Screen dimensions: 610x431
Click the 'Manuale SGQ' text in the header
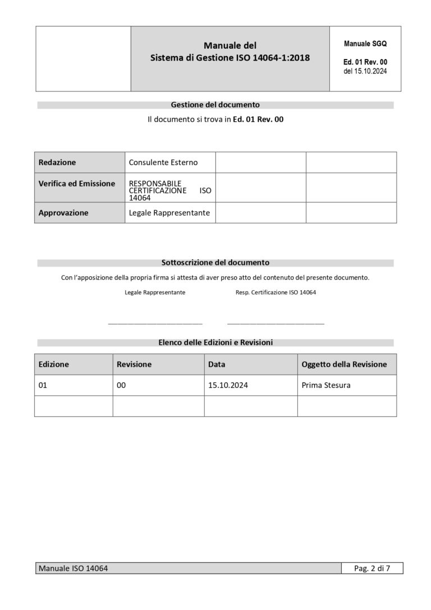[x=365, y=44]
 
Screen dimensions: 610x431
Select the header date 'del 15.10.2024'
[x=365, y=71]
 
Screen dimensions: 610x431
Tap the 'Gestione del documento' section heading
[x=215, y=104]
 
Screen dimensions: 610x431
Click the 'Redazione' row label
[x=57, y=162]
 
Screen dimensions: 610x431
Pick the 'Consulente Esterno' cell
[x=163, y=162]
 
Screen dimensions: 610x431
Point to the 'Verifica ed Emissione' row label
[x=77, y=184]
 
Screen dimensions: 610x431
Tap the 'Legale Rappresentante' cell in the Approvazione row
[x=169, y=213]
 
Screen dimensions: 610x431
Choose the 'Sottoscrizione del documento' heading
[x=215, y=262]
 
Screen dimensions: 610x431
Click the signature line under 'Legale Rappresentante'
[x=155, y=323]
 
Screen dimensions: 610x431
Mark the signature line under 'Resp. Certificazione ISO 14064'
[x=276, y=323]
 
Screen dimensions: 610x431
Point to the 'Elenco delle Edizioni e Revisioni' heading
[x=215, y=342]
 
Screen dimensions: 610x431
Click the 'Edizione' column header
[x=54, y=364]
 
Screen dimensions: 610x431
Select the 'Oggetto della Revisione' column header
[x=344, y=364]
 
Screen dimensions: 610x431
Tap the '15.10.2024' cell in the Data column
[x=228, y=386]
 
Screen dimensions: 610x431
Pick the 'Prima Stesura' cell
[x=326, y=386]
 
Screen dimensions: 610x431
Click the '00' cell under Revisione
[x=122, y=386]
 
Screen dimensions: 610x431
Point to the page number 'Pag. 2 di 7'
[x=372, y=568]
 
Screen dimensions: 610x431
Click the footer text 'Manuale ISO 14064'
[x=73, y=568]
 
